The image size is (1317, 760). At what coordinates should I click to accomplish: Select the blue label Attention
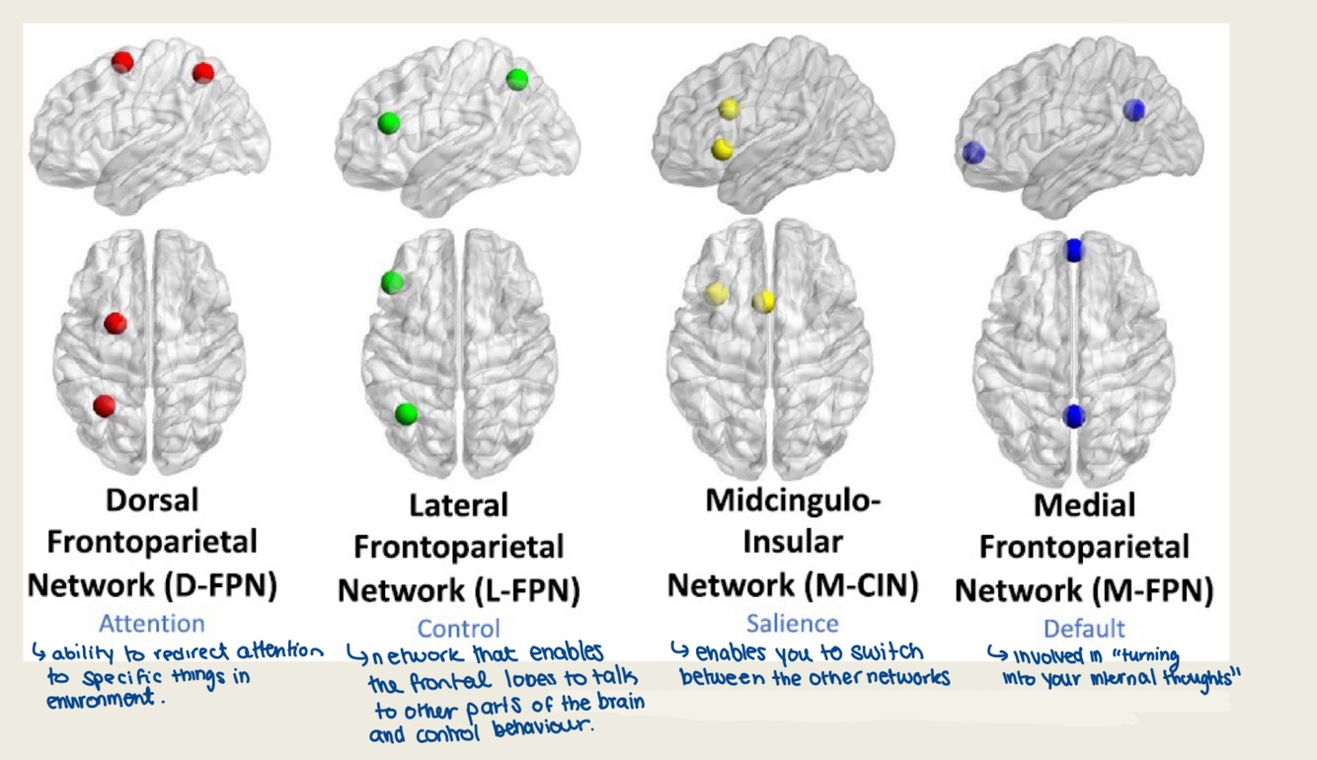click(x=151, y=623)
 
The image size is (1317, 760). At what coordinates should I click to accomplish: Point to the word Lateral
click(x=458, y=505)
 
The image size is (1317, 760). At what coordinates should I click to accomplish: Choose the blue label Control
click(x=458, y=629)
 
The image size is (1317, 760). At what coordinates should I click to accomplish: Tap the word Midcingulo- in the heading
click(x=793, y=500)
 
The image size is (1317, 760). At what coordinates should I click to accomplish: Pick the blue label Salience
click(x=793, y=623)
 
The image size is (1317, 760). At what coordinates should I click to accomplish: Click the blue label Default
click(x=1084, y=629)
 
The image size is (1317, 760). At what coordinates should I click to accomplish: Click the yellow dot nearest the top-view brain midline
click(x=762, y=301)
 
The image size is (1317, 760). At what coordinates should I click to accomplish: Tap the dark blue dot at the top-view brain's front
click(x=1074, y=250)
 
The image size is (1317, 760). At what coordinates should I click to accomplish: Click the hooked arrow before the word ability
click(x=39, y=652)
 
